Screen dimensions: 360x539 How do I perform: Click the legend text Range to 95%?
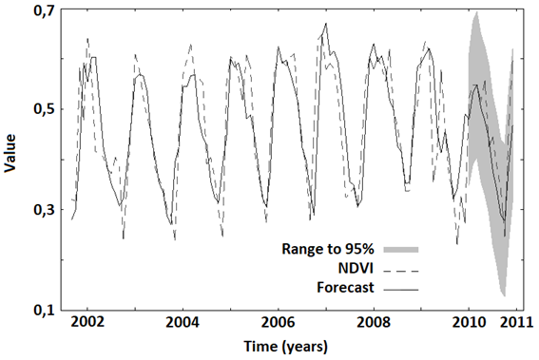pos(327,250)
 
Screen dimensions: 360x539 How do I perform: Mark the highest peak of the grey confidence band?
pos(475,12)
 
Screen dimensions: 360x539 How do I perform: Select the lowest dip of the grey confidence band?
pos(503,295)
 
